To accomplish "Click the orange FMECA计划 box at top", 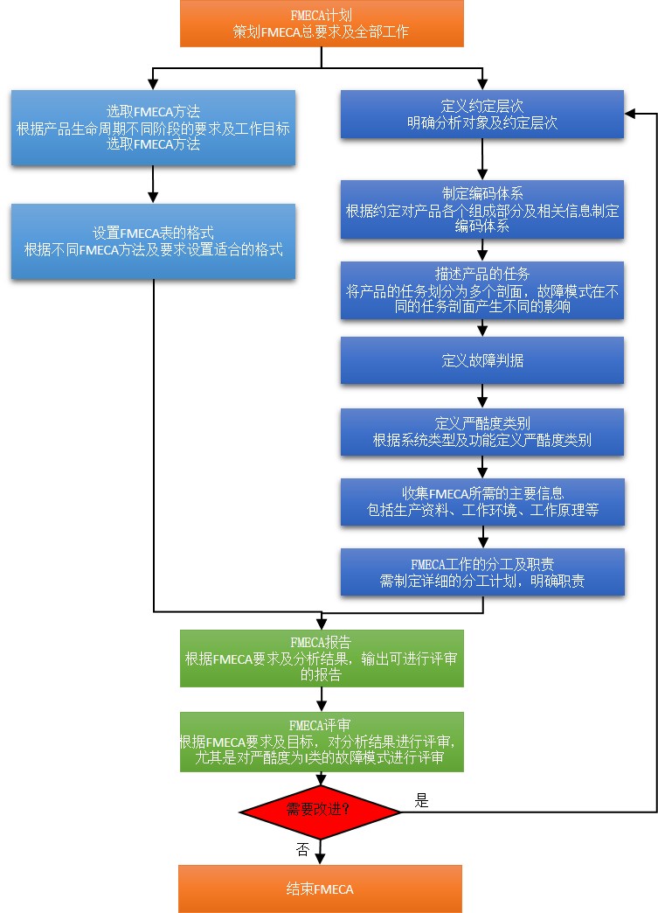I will pos(322,24).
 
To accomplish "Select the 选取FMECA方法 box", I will pos(153,128).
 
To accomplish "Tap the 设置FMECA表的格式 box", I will pos(153,241).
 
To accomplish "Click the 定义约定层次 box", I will pos(482,115).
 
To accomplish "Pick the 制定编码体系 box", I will pos(482,210).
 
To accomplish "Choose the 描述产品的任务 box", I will pos(482,291).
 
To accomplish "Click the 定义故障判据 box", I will pos(482,360).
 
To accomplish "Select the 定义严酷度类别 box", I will pos(482,431).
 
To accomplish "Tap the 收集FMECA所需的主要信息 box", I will pos(482,502).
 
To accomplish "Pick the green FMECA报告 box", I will pos(322,658).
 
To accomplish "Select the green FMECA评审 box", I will pos(322,742).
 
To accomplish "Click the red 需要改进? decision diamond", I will pos(320,812).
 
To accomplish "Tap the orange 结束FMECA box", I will pos(320,889).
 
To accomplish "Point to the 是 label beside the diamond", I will pos(422,800).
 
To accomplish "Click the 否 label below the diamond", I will pos(302,849).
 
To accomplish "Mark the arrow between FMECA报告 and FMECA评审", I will pos(322,699).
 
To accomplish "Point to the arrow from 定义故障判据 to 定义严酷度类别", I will pos(482,395).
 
